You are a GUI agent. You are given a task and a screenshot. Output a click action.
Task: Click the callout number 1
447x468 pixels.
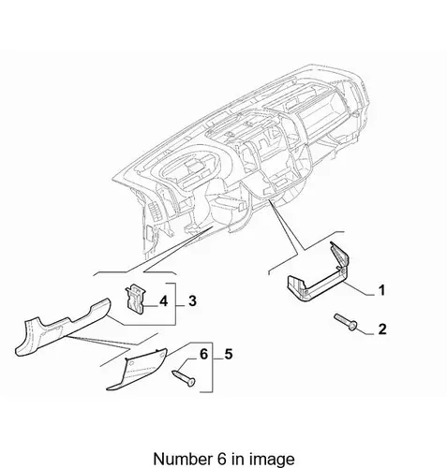click(x=381, y=290)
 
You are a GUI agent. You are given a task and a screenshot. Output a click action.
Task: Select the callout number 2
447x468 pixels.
click(x=382, y=329)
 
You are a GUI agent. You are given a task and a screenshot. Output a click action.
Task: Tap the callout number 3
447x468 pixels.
click(x=192, y=301)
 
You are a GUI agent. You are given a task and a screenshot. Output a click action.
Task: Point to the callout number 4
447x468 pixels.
click(x=163, y=301)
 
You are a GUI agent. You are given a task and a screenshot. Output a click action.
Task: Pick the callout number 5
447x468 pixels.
click(x=229, y=355)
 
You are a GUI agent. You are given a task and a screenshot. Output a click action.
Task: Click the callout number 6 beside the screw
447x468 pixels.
click(x=203, y=355)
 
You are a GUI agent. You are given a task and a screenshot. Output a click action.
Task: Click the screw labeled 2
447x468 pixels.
click(x=346, y=323)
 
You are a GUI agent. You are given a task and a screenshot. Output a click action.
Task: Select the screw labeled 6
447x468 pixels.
click(x=184, y=377)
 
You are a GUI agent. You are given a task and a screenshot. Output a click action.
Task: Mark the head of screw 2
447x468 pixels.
click(x=353, y=327)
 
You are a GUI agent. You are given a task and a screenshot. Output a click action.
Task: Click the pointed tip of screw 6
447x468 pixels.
click(x=173, y=372)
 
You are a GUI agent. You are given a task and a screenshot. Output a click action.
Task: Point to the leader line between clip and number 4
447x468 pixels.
click(x=151, y=306)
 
